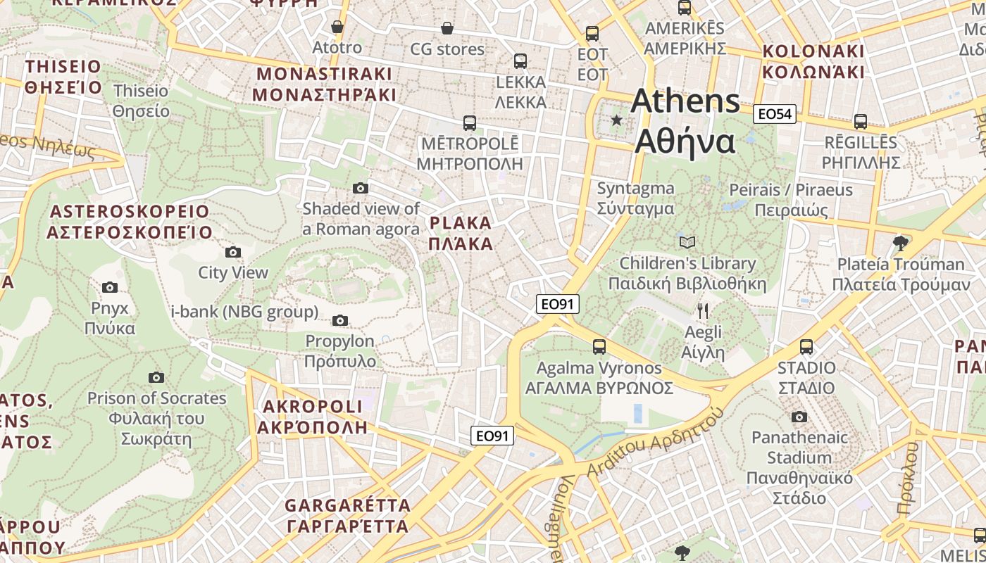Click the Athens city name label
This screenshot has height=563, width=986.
click(x=685, y=121)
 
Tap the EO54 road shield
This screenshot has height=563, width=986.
click(x=775, y=114)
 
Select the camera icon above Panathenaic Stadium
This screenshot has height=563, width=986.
click(x=799, y=417)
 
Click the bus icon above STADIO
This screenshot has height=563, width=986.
click(x=806, y=347)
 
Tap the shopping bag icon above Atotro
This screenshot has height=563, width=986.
click(x=337, y=27)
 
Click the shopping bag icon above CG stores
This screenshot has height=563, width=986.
click(x=447, y=28)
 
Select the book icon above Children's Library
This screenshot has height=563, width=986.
click(x=687, y=243)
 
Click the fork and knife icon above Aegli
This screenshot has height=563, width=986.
click(x=702, y=310)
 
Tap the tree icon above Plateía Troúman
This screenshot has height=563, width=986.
click(x=900, y=243)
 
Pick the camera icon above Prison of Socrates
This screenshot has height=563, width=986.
click(x=156, y=378)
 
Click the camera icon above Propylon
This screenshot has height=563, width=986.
click(x=340, y=321)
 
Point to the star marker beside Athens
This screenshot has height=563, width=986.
click(x=617, y=120)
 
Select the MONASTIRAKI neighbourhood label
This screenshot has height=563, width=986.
click(x=325, y=84)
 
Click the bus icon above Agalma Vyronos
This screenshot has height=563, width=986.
click(x=599, y=347)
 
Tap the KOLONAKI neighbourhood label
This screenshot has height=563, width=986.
click(x=813, y=61)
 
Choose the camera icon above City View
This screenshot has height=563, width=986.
click(x=233, y=253)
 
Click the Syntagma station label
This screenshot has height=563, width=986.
click(x=635, y=198)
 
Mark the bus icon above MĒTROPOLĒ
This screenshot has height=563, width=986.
click(x=470, y=123)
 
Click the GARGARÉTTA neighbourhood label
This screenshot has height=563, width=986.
click(x=348, y=515)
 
